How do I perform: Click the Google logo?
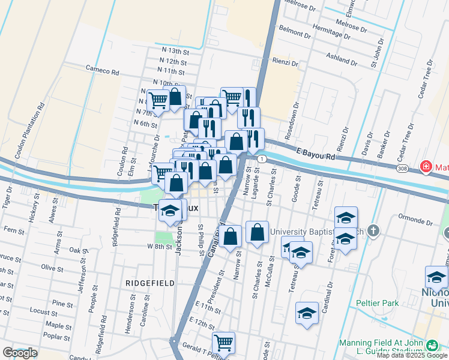click(19, 353)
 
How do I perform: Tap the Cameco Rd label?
click(103, 71)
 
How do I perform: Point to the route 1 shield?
click(262, 158)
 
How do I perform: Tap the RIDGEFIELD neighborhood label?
click(150, 283)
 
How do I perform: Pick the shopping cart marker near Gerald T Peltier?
click(223, 343)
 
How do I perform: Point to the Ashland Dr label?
click(342, 59)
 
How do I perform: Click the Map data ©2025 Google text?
click(411, 355)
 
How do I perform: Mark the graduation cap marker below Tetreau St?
click(307, 313)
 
